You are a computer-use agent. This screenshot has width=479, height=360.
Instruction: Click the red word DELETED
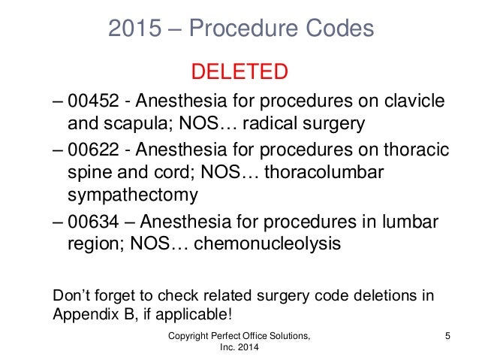[x=239, y=72]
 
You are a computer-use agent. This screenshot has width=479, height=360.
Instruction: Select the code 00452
[x=89, y=101]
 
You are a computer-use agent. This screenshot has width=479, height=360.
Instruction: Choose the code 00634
[x=89, y=223]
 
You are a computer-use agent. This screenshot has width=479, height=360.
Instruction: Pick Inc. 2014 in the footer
[x=239, y=347]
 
